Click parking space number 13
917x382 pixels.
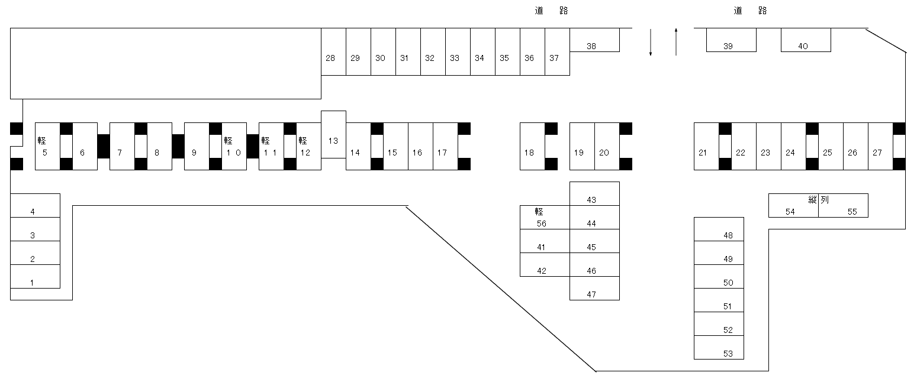[x=333, y=135]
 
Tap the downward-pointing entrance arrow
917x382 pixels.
[x=651, y=42]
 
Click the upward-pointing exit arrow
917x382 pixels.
[x=676, y=42]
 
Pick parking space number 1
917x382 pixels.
[x=36, y=277]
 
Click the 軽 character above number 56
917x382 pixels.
[x=539, y=212]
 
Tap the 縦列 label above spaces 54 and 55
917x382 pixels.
[x=819, y=200]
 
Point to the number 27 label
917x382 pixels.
[x=877, y=153]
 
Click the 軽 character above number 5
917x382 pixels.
[x=41, y=141]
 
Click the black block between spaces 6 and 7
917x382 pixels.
[x=104, y=147]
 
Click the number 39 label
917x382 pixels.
[x=728, y=46]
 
